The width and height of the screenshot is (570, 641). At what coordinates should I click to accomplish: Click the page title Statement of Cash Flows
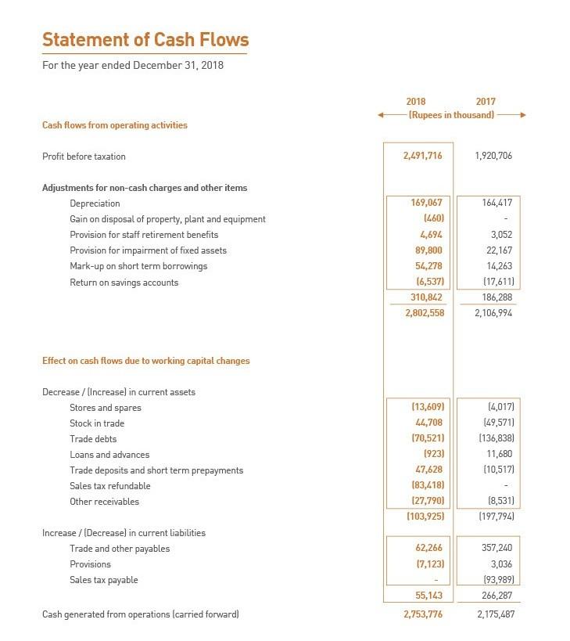point(145,40)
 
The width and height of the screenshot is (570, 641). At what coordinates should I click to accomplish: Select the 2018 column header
point(416,102)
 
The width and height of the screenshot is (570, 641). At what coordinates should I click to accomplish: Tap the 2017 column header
point(485,102)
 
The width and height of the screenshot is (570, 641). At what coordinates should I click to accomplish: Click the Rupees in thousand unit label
point(452,115)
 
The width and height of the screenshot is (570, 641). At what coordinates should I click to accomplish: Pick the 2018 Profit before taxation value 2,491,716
point(422,156)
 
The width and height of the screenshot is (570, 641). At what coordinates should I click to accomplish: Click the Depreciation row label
point(95,203)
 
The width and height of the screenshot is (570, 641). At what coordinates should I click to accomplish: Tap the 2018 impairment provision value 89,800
point(427,250)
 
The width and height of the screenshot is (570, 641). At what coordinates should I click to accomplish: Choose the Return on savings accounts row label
point(124,283)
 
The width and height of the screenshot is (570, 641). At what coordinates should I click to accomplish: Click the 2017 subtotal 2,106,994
point(493,313)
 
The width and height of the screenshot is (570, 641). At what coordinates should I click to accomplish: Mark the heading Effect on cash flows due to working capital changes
point(145,361)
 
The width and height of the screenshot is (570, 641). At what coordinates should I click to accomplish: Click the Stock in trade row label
point(97,423)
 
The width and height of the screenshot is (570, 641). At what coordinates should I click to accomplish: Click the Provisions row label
point(90,564)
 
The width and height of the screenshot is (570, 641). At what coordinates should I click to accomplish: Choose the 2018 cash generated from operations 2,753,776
point(422,614)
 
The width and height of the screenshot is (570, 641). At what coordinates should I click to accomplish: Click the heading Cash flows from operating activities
point(114,125)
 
